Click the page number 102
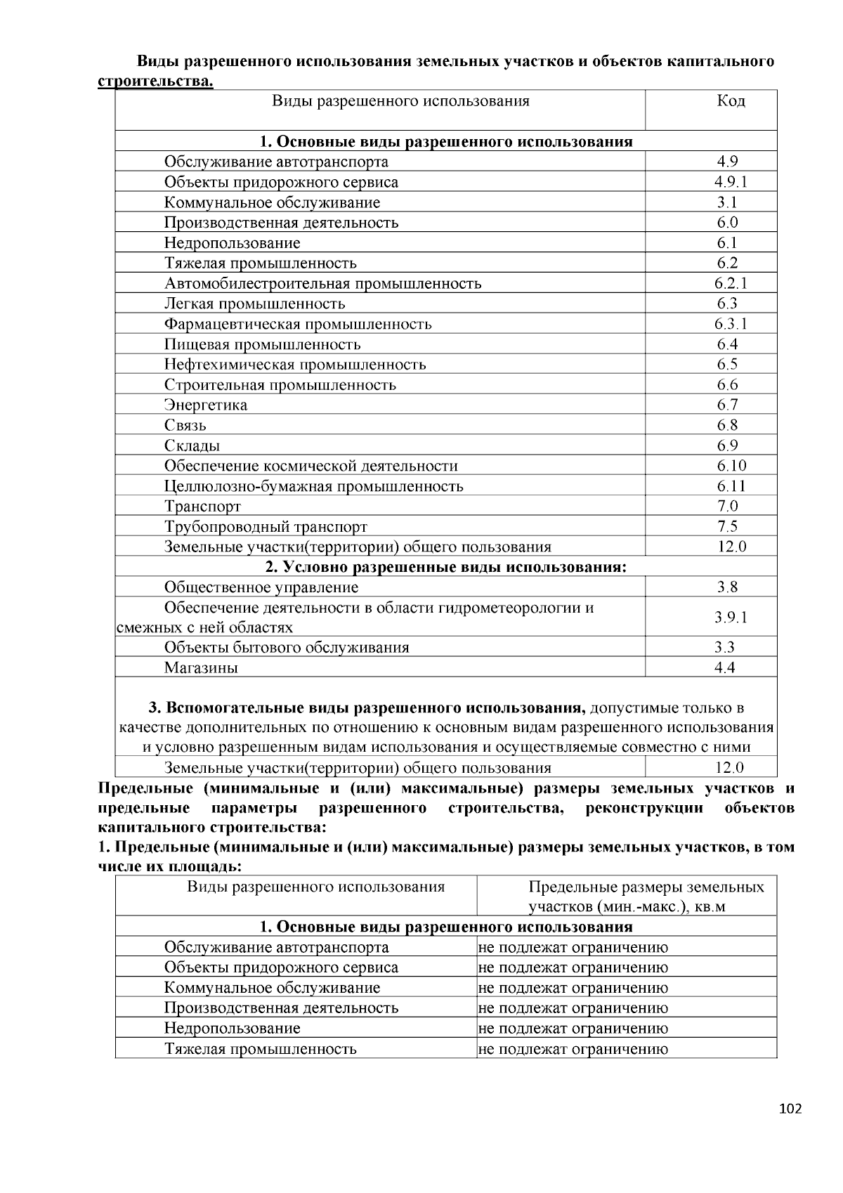[x=790, y=1109]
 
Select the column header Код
[x=731, y=101]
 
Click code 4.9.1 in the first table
[x=731, y=182]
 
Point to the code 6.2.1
[x=731, y=283]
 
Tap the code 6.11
[x=731, y=486]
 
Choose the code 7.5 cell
[x=728, y=527]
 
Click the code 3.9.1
[x=731, y=618]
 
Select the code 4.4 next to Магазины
[x=725, y=668]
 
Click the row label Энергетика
[x=206, y=405]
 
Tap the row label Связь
[x=185, y=426]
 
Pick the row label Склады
[x=192, y=446]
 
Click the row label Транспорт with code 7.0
[x=202, y=507]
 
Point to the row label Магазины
[x=201, y=668]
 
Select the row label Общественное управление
[x=261, y=587]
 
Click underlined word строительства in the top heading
[x=155, y=82]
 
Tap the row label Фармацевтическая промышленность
[x=298, y=324]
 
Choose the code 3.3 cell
[x=725, y=648]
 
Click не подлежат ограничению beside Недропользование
[x=573, y=1029]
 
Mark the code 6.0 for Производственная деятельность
[x=728, y=223]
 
